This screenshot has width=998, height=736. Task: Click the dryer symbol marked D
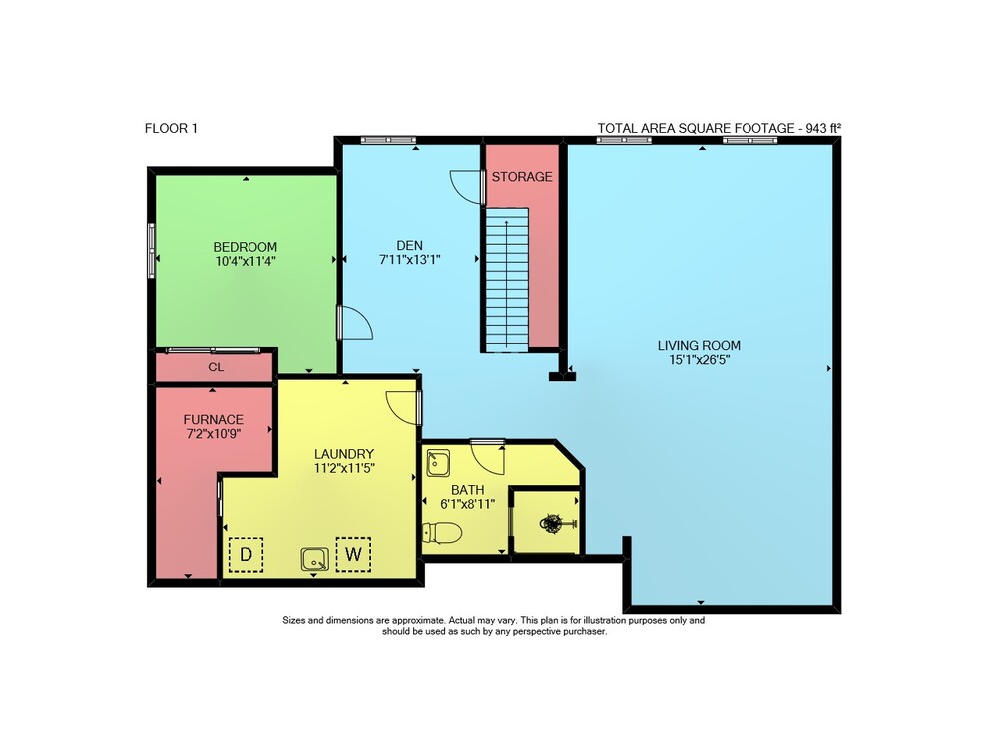246,554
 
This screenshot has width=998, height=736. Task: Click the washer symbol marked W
353,554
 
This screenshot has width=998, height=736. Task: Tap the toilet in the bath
442,533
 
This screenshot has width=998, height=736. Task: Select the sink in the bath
438,463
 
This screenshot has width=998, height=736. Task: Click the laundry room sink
315,559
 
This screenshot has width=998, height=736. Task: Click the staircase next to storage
507,279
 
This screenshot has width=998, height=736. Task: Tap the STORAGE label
522,177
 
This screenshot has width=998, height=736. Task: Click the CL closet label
216,368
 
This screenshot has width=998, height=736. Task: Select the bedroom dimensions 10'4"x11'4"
246,261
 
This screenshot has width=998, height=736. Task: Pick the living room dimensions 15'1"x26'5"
699,360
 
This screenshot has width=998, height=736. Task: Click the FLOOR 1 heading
171,128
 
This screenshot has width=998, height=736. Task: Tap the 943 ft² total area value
823,128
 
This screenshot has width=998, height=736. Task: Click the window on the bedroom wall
152,250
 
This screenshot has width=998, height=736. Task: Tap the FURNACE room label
214,420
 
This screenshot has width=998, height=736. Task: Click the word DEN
410,245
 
